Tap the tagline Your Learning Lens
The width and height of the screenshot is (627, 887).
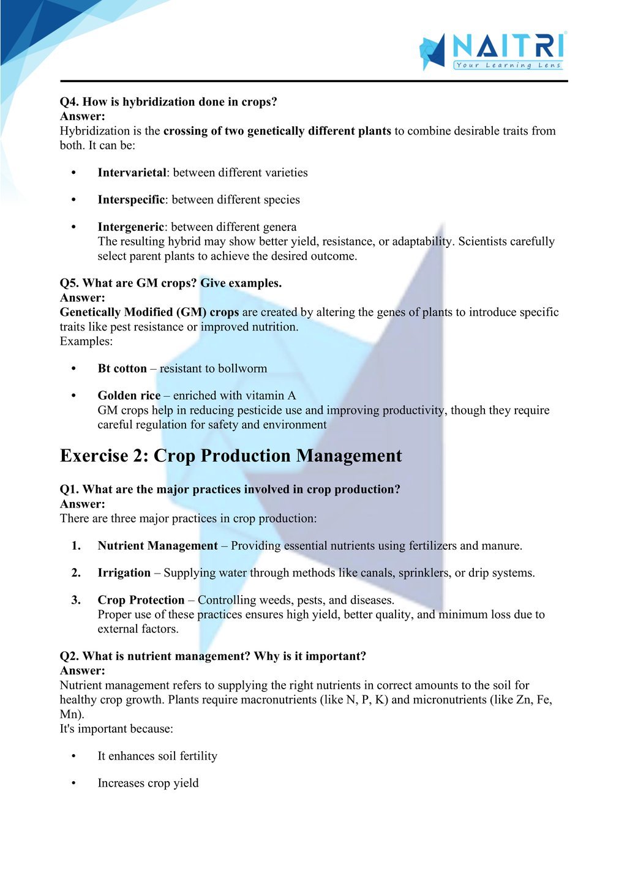click(x=508, y=65)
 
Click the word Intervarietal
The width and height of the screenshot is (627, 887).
click(x=132, y=173)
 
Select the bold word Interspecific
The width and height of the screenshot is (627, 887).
click(x=131, y=200)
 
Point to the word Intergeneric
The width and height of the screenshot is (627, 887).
click(x=130, y=227)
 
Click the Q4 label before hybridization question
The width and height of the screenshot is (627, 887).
click(x=69, y=102)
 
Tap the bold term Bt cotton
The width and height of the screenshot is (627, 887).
click(x=122, y=369)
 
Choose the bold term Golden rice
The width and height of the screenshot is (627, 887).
click(x=129, y=395)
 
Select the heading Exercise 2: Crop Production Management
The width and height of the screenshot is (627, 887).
click(x=231, y=456)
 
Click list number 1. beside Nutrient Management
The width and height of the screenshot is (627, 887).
click(x=76, y=546)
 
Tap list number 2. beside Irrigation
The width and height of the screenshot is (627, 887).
click(x=76, y=573)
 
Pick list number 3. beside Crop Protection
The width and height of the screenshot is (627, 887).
click(x=76, y=600)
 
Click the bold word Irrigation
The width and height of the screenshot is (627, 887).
click(x=124, y=573)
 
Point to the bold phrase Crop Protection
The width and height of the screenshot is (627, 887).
click(x=141, y=600)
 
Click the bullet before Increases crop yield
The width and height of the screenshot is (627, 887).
click(x=73, y=784)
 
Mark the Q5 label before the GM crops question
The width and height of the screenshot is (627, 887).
click(x=69, y=283)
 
